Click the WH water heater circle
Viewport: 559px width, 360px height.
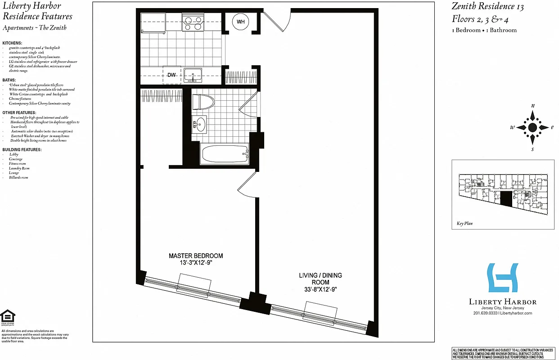pos(241,22)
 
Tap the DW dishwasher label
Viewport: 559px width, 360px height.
pos(171,75)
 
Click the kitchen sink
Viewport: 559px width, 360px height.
pos(194,75)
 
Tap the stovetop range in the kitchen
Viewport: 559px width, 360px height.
pos(192,22)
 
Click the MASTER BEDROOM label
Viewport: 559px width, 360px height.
pos(196,256)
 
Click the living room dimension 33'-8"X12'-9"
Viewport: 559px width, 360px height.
pos(320,290)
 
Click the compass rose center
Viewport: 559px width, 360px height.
pos(532,127)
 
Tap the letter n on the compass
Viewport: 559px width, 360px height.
pos(533,106)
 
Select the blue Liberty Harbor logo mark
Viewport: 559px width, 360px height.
pos(503,278)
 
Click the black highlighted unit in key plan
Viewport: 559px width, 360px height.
pos(506,198)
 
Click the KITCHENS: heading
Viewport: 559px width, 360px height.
pos(12,43)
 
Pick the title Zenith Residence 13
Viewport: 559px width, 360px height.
pos(488,6)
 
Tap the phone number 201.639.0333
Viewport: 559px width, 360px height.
pos(485,313)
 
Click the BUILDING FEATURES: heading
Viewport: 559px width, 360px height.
pos(22,149)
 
